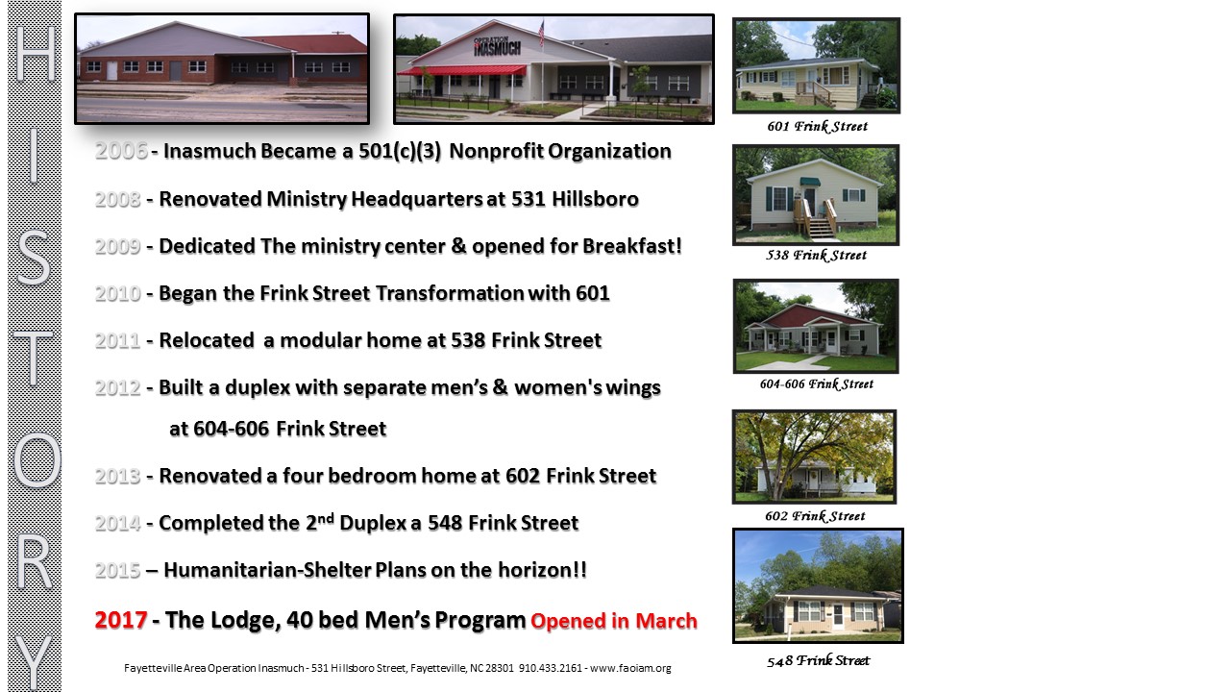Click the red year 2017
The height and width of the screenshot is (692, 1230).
(121, 620)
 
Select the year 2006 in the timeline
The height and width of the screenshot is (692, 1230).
(121, 151)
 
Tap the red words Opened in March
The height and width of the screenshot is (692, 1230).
(614, 621)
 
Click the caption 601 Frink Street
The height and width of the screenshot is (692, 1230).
(817, 126)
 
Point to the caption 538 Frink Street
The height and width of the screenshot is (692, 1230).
(816, 255)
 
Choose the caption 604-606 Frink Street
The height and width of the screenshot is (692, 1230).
(816, 383)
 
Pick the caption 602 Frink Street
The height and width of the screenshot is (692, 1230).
(815, 516)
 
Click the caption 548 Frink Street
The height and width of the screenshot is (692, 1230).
(818, 660)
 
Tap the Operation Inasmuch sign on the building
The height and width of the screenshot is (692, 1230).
(497, 46)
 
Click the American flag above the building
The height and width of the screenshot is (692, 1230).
(541, 33)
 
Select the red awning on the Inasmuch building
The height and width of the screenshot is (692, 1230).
(461, 70)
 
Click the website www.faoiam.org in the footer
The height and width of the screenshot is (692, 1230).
(630, 668)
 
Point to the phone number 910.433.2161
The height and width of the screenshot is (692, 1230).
(551, 668)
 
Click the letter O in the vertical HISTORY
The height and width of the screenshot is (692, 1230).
(37, 459)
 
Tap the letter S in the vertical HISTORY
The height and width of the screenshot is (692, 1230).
(34, 258)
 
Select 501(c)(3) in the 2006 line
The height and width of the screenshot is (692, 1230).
(400, 151)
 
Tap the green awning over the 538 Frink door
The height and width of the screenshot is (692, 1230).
(809, 182)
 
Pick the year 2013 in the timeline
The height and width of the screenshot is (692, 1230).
(117, 476)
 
